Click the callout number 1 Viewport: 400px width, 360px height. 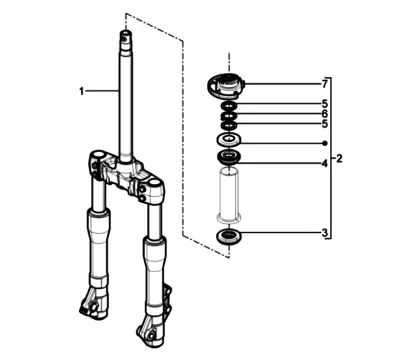[81, 91]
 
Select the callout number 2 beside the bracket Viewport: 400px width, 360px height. [339, 159]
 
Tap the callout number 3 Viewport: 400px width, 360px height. [325, 233]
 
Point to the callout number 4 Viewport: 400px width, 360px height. [325, 164]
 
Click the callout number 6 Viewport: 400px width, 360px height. [325, 114]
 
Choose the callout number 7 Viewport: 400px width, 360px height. [325, 84]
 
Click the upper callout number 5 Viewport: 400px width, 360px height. [325, 104]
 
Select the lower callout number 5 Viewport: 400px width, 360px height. [325, 124]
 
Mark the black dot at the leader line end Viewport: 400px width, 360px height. [325, 143]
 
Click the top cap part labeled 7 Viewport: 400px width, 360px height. [226, 86]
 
